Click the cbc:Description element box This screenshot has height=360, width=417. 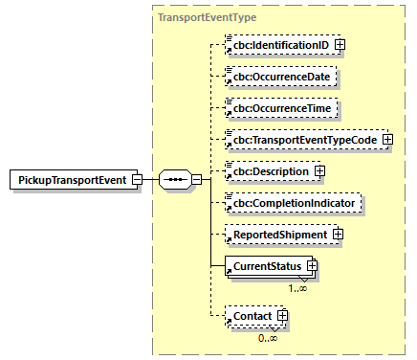268,171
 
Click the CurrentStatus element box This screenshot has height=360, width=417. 263,265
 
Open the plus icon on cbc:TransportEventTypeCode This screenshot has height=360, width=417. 387,140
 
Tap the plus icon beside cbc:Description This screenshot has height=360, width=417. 319,171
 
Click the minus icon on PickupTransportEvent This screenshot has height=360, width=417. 138,179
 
